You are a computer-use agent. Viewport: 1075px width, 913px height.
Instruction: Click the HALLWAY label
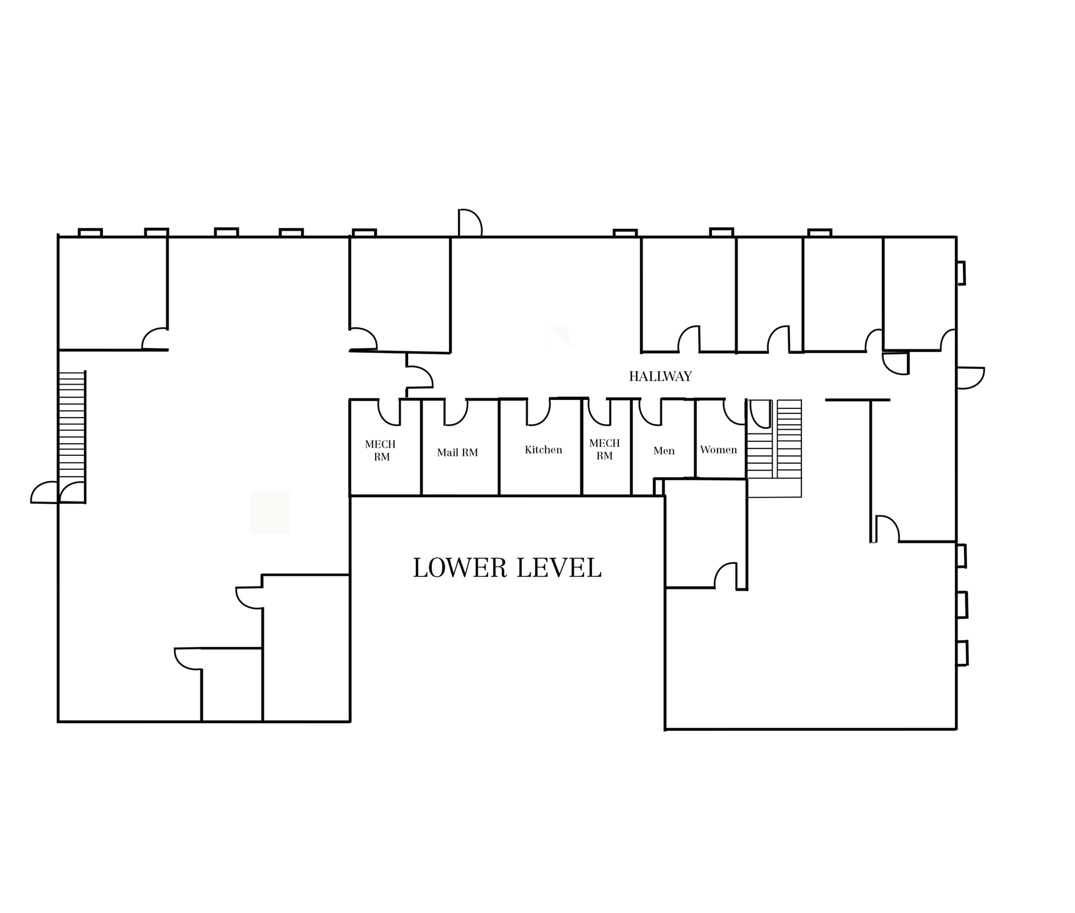[660, 376]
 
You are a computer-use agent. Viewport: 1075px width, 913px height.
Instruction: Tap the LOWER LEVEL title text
[507, 568]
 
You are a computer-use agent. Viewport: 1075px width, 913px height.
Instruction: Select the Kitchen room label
[543, 450]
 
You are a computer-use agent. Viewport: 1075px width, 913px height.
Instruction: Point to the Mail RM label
[457, 452]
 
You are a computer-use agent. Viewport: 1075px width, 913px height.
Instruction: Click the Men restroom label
[664, 451]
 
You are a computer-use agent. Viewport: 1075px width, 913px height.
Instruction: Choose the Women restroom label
[719, 450]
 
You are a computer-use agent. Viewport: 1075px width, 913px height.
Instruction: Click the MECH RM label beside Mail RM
[381, 450]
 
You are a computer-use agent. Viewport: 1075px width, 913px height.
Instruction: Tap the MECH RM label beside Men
[604, 449]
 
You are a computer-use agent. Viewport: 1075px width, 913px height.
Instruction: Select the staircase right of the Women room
[775, 448]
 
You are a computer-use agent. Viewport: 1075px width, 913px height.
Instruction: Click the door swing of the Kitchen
[538, 412]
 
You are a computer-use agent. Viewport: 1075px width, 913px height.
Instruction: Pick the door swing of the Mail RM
[456, 412]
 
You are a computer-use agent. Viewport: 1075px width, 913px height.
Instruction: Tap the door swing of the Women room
[735, 411]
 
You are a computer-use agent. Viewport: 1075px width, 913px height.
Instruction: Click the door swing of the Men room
[650, 412]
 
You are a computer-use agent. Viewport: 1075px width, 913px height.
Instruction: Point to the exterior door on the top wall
[470, 223]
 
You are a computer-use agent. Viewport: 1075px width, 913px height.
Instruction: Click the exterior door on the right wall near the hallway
[970, 378]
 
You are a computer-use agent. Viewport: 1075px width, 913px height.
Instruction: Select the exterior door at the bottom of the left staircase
[44, 492]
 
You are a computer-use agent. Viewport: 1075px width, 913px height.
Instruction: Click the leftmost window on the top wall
[90, 233]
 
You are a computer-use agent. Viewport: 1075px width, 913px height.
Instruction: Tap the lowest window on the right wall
[962, 653]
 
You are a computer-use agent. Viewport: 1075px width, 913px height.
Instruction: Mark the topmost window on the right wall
[960, 273]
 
